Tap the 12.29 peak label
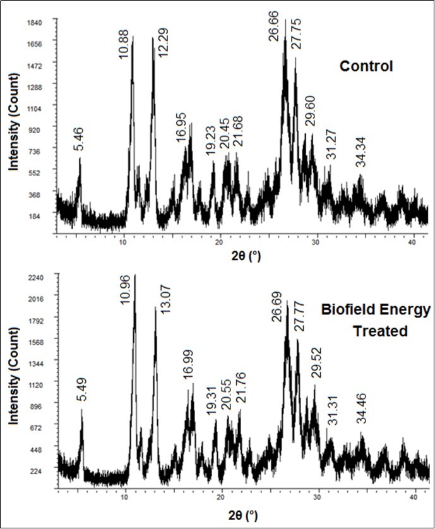(x=163, y=42)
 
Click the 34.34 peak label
(x=360, y=154)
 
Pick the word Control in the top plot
(x=366, y=66)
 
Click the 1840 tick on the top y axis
(x=33, y=22)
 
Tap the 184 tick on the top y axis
(x=36, y=216)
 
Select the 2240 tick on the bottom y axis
(x=33, y=276)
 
